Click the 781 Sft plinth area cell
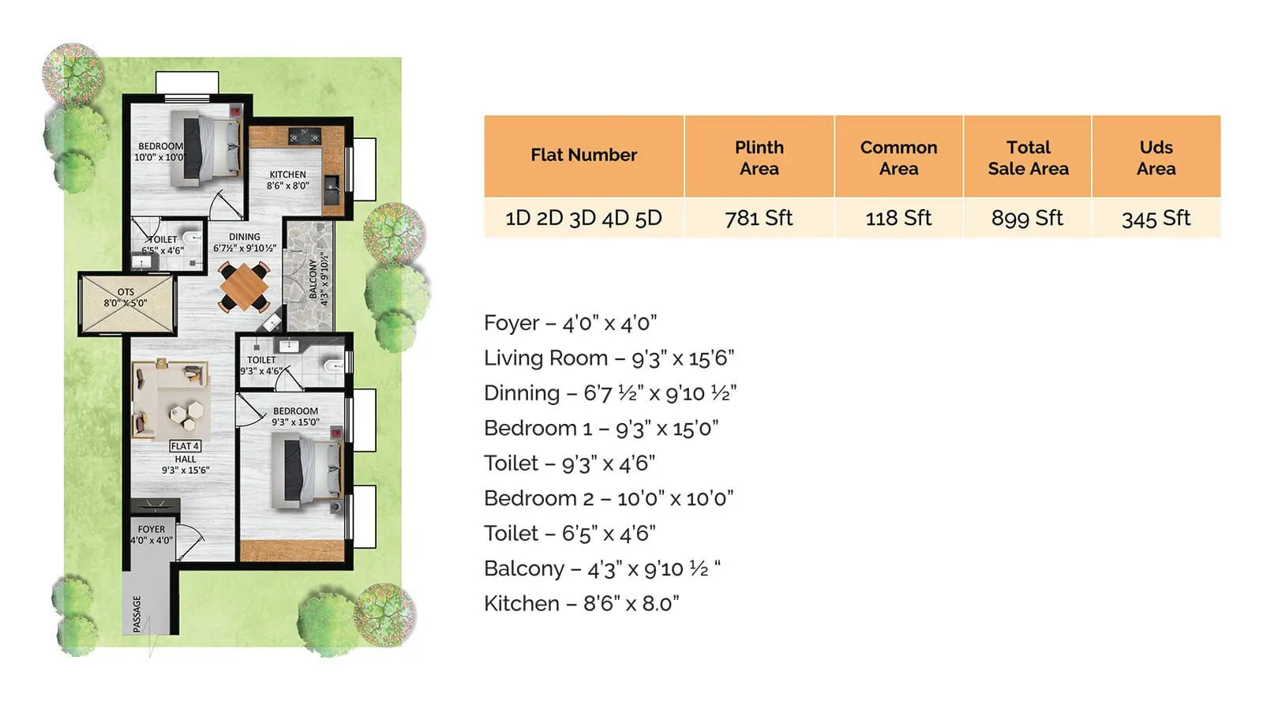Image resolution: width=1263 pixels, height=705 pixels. point(759,218)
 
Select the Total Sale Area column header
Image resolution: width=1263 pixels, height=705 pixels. point(1028,157)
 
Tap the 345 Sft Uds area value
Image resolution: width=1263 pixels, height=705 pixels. point(1156,218)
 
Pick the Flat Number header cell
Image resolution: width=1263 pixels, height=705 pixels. point(583,155)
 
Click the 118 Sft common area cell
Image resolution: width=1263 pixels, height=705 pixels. point(898,218)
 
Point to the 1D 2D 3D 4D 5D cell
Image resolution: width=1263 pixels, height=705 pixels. point(583,218)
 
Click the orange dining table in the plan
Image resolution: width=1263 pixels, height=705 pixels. point(244,287)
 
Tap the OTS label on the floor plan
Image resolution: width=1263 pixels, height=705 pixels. point(126,292)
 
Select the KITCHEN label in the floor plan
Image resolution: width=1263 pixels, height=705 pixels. point(287,174)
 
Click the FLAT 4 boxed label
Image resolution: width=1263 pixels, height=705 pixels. point(185,446)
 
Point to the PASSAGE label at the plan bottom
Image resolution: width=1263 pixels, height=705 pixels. point(137,613)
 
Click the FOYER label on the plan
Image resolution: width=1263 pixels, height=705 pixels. point(152,530)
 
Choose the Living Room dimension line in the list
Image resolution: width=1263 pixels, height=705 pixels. point(609,358)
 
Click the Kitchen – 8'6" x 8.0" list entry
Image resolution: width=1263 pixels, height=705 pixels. point(581,604)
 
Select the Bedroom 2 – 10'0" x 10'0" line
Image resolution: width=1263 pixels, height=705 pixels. point(609,499)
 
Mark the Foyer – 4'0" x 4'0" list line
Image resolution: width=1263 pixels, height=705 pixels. point(570,323)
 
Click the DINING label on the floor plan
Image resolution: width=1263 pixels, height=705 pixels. point(245,237)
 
